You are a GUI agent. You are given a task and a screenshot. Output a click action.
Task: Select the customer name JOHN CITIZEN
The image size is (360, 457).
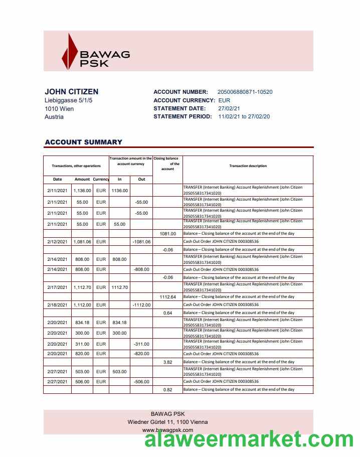point(71,92)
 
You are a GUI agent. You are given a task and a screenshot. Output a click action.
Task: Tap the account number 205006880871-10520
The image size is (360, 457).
point(245,92)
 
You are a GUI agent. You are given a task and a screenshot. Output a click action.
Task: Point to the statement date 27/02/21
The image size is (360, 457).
point(229,108)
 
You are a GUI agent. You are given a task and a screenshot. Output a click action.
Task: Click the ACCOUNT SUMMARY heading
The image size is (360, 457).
point(83,142)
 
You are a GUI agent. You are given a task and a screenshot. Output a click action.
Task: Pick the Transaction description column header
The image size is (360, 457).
point(248,166)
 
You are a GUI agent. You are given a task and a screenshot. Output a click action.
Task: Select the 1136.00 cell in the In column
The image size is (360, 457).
point(119,191)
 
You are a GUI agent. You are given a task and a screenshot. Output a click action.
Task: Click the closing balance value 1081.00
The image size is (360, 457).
point(167,234)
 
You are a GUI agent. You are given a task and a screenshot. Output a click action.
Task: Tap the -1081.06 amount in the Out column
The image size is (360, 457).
point(141,242)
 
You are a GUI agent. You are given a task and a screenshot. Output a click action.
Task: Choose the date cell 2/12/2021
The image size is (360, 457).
point(57,242)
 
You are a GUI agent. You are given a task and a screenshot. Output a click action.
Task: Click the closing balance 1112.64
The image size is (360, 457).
point(167,297)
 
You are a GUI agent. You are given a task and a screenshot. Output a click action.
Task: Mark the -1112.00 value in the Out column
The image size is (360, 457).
point(141,305)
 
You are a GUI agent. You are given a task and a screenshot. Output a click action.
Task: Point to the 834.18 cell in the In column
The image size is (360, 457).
point(119,323)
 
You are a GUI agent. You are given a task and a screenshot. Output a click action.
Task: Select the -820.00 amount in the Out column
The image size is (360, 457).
point(141,354)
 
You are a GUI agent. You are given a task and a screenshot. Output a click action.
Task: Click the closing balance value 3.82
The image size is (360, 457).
point(167,362)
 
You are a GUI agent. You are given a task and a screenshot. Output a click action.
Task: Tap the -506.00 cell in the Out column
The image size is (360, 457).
point(141,382)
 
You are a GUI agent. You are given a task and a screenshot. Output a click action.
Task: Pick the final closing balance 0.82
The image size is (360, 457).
point(167,390)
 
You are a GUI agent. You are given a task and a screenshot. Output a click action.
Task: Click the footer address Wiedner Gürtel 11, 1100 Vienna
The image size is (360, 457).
point(168,422)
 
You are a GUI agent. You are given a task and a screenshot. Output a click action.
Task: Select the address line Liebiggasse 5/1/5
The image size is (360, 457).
point(69,100)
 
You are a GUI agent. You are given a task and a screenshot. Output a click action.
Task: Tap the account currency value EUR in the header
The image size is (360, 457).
point(224,100)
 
